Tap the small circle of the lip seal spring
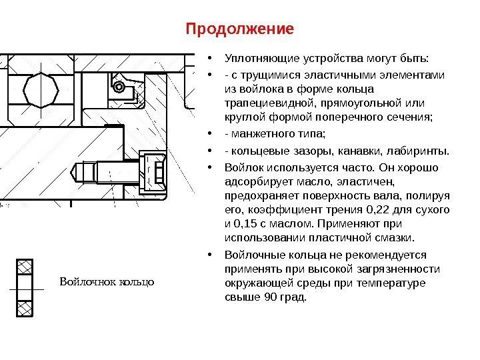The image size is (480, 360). (119, 87)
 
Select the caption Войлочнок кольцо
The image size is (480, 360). (107, 281)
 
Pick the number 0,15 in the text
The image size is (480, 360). (251, 223)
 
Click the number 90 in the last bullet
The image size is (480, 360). (272, 297)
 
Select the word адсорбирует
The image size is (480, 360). (251, 181)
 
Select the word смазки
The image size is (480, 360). (393, 237)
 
